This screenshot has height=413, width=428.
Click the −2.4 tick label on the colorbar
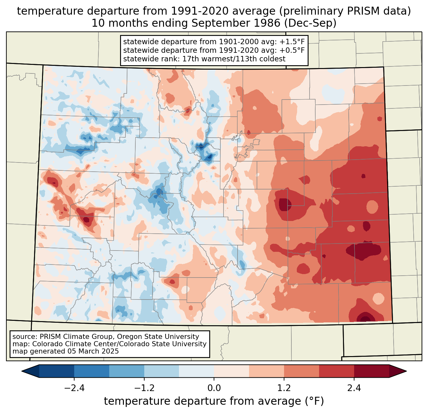click(x=74, y=388)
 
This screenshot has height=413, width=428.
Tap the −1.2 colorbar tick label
click(x=144, y=388)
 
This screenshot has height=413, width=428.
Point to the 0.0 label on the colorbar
click(x=214, y=388)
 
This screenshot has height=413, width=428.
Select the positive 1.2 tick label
click(x=284, y=388)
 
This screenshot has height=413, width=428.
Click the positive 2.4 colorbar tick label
click(x=354, y=388)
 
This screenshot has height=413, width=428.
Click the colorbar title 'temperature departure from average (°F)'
click(x=214, y=401)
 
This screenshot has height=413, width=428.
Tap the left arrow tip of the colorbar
click(x=22, y=371)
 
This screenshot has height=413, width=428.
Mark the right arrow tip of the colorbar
click(x=406, y=371)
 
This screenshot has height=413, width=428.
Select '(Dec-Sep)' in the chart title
click(x=310, y=23)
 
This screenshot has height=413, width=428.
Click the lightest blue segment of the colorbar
click(x=196, y=371)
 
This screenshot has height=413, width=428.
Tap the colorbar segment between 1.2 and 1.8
click(x=302, y=371)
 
